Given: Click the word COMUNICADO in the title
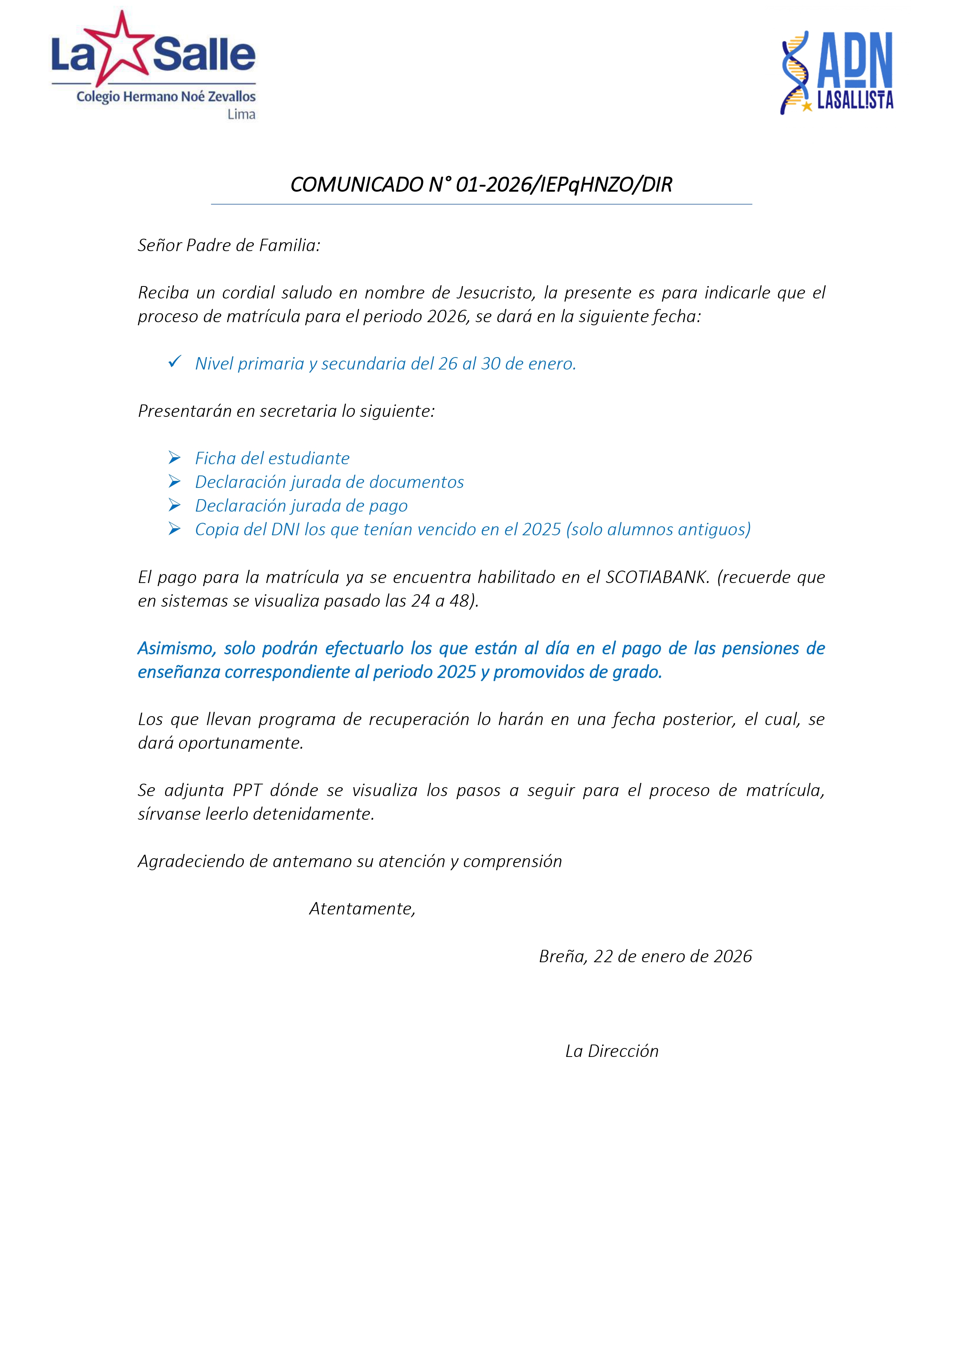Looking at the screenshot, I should [357, 185].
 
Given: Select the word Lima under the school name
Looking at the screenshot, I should [241, 115].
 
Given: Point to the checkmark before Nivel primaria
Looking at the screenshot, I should [174, 361].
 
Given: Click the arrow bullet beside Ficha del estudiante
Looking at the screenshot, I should [174, 457].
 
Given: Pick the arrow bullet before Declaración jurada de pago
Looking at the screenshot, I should [174, 505].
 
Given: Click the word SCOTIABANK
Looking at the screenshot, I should [657, 577].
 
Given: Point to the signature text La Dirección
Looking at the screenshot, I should [612, 1051].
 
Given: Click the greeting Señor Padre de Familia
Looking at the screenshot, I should [229, 245].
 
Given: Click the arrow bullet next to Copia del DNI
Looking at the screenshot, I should [174, 529].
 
